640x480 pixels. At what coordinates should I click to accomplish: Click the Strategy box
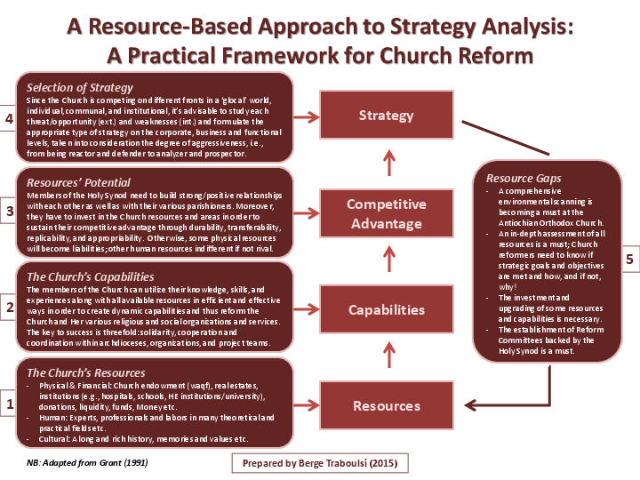[x=386, y=116]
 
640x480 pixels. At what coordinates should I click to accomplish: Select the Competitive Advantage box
[x=386, y=213]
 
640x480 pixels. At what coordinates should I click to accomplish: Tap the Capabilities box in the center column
[x=386, y=310]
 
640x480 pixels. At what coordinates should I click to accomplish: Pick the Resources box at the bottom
[x=386, y=406]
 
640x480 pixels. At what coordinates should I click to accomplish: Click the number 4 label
[x=8, y=119]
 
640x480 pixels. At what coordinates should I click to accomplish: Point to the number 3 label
[x=8, y=212]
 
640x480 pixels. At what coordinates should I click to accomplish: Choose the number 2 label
[x=8, y=308]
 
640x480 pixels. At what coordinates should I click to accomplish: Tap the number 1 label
[x=8, y=404]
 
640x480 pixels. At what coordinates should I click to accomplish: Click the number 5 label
[x=629, y=260]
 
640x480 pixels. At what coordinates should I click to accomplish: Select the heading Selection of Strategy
[x=80, y=87]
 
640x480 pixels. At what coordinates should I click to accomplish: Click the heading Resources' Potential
[x=78, y=180]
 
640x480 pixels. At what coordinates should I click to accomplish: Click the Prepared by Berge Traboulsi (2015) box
[x=321, y=464]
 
